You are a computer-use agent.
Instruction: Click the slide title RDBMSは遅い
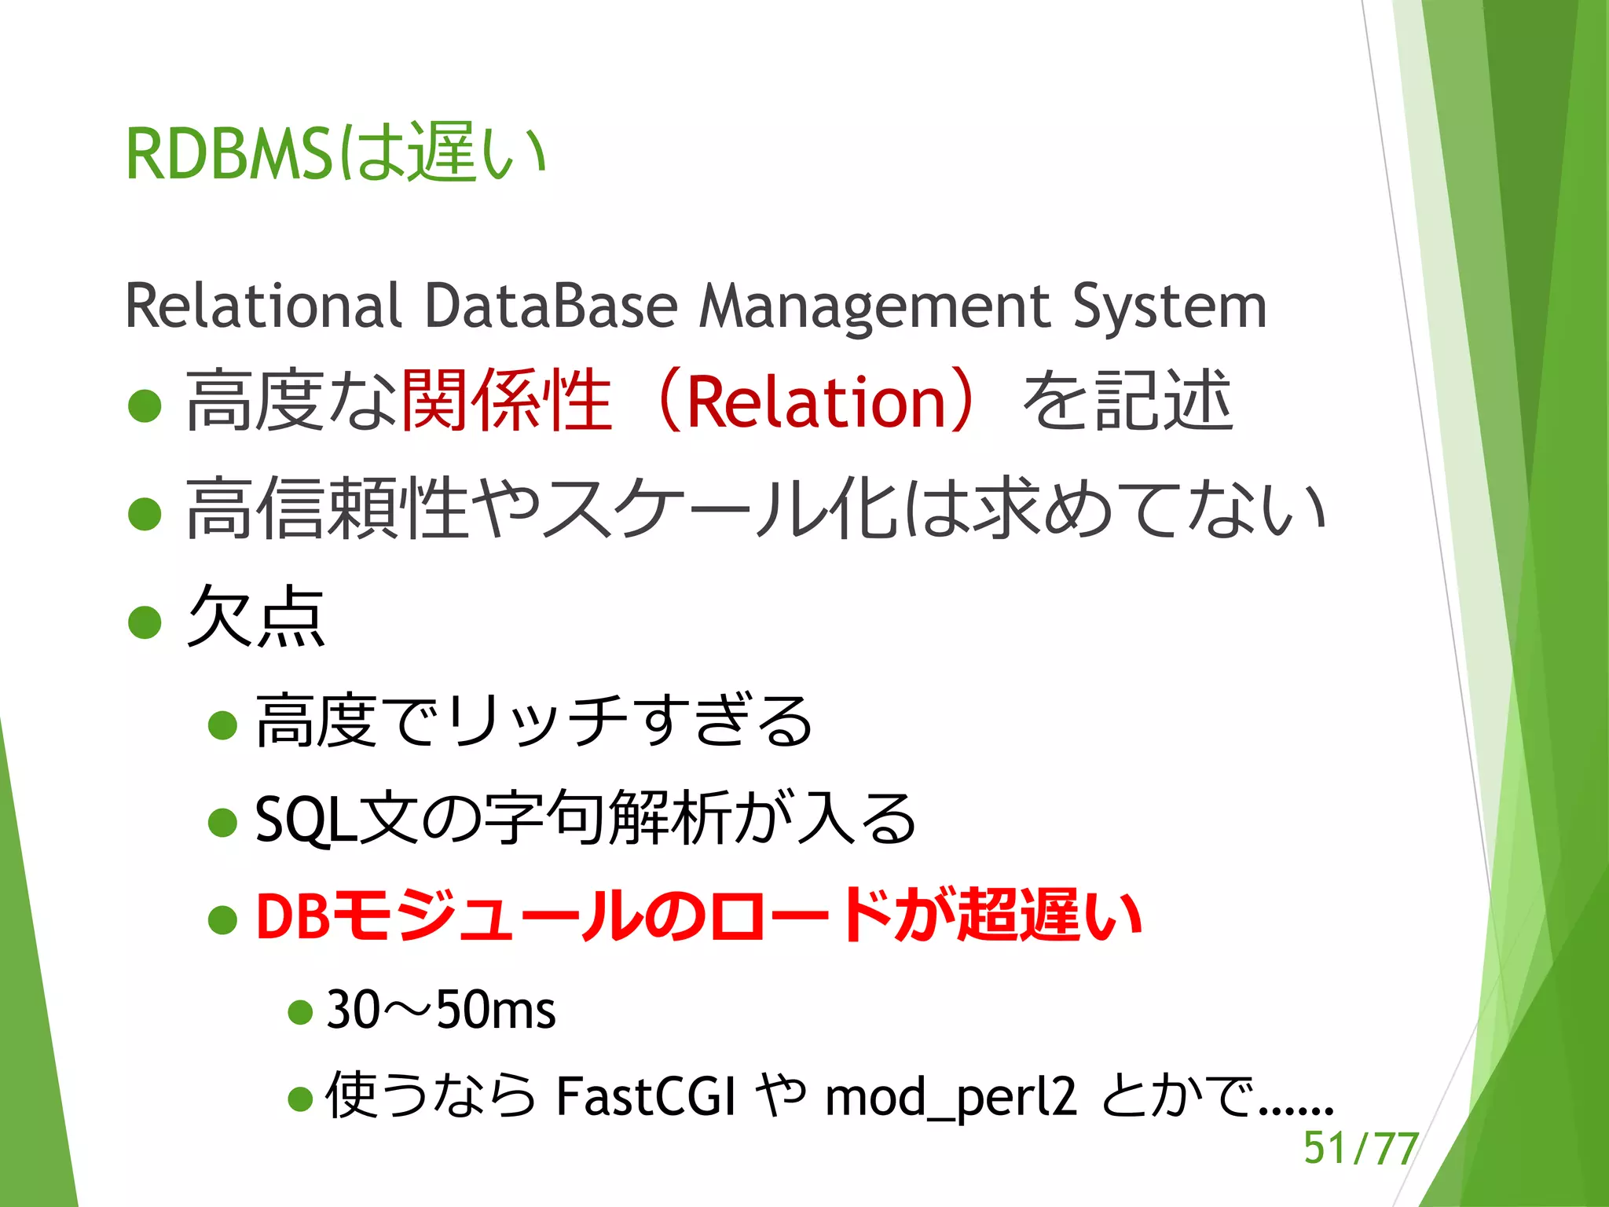tap(336, 153)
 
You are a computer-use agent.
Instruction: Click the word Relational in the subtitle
tap(263, 306)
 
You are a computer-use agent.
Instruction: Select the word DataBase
tap(551, 306)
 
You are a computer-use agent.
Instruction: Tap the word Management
tap(874, 306)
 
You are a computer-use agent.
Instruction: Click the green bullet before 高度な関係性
tap(145, 405)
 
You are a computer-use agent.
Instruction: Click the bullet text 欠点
tap(256, 617)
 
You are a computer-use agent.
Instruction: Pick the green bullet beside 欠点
tap(145, 622)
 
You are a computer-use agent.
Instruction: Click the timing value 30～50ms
tap(441, 1010)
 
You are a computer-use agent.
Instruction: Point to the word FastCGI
tap(646, 1097)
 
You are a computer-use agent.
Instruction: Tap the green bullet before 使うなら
tap(300, 1099)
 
